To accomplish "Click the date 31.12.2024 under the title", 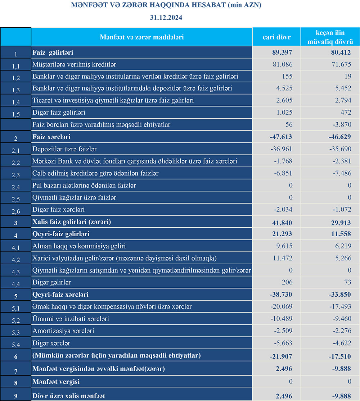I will (166, 17).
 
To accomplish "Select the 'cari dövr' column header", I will (276, 37).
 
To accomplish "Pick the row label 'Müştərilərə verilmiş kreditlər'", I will (74, 65).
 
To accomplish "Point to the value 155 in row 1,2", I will (287, 77).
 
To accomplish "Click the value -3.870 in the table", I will (341, 125).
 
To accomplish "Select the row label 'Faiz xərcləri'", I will (51, 137).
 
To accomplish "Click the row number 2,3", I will (15, 174).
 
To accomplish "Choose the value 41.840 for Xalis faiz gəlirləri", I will (282, 222).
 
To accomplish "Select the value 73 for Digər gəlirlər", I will (347, 283).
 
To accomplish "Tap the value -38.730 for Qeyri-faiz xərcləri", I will (281, 295).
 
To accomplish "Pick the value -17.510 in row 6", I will (340, 356).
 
